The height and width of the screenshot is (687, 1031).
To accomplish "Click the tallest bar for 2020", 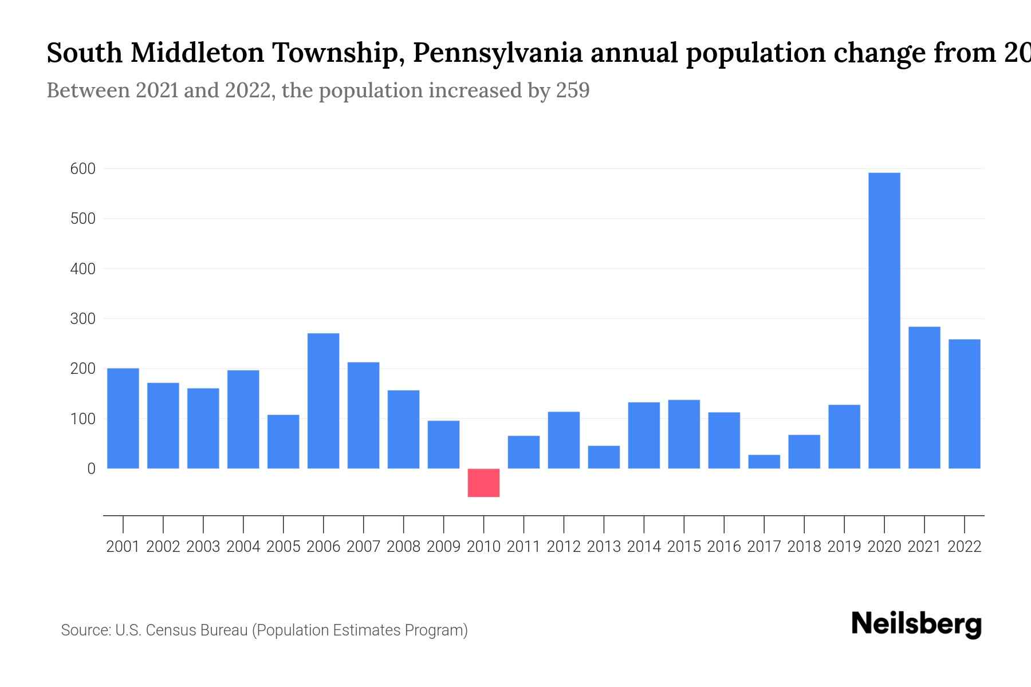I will pos(884,321).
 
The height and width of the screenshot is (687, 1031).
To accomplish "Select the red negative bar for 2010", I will pos(483,483).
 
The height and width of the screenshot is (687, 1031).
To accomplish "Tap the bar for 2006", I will pos(323,401).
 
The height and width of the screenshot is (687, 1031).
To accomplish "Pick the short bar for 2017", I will pos(764,461).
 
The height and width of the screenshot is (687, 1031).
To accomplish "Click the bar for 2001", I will pos(123,418).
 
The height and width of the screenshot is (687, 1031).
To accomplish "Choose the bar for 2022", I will pos(964,404).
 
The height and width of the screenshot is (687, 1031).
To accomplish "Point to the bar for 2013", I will pos(604,457).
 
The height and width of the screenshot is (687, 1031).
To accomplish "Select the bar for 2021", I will pos(924,397).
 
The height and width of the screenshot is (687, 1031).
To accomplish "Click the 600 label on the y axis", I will pos(82,169).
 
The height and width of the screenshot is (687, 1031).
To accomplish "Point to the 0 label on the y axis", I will pos(91,469).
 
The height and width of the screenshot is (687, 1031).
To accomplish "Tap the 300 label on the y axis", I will pos(82,319).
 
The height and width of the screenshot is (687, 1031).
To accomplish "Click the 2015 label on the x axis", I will pos(684,547).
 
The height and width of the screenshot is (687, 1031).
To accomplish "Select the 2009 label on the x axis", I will pos(443,547).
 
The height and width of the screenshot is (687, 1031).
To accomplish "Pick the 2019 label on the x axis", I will pos(844,547).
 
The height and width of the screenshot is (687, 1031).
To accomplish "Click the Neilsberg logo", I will pos(916,624).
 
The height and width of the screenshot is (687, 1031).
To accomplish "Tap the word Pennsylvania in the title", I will pos(497,53).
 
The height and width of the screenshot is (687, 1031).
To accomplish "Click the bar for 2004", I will pos(243,419).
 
